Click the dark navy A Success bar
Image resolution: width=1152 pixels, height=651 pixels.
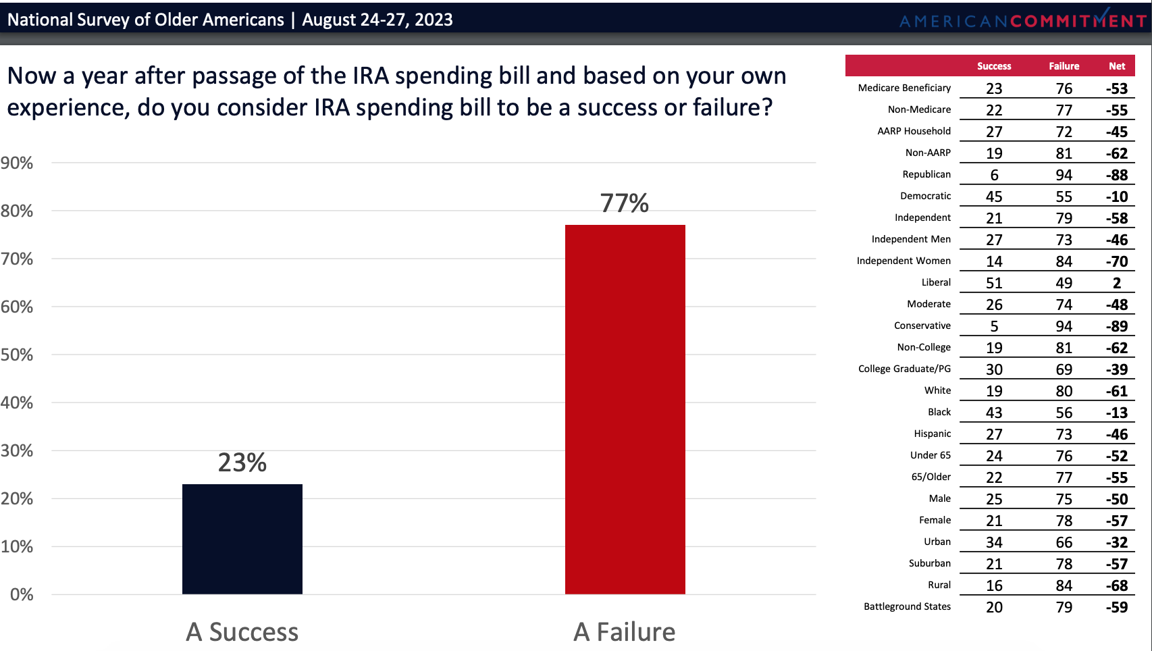tap(242, 539)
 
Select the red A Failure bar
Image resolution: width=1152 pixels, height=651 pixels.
tap(625, 409)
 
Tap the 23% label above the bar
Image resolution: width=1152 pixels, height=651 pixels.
tap(242, 463)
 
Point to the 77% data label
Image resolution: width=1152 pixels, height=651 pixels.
tap(625, 203)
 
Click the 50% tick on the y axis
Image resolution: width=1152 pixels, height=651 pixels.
tap(17, 355)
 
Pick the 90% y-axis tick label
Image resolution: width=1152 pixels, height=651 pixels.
tap(17, 163)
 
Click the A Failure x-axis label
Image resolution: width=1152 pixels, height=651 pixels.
tap(625, 632)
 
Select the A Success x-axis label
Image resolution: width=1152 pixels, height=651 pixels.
tap(242, 632)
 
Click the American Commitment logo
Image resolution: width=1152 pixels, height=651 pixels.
tap(1022, 20)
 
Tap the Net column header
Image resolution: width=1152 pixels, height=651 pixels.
tap(1117, 66)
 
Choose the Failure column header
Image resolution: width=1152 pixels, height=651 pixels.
tap(1064, 66)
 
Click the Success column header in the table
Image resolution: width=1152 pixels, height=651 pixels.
tap(994, 66)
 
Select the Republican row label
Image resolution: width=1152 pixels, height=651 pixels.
tap(926, 174)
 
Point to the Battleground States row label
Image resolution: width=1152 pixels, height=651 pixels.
tap(907, 606)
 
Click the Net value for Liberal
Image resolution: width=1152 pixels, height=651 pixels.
tap(1117, 283)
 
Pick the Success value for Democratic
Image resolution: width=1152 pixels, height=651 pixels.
tap(994, 197)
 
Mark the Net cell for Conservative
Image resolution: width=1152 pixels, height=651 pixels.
tap(1117, 326)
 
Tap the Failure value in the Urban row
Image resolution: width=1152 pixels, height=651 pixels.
tap(1064, 542)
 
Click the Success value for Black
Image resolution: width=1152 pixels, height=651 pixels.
tap(994, 413)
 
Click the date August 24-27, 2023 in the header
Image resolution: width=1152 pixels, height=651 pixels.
tap(377, 20)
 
